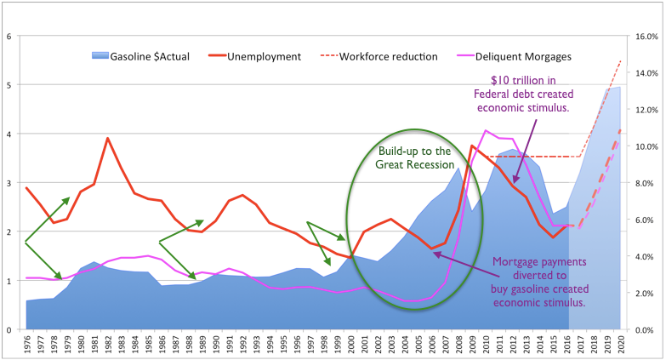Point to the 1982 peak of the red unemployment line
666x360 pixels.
click(x=107, y=138)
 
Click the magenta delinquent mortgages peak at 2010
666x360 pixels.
click(x=486, y=131)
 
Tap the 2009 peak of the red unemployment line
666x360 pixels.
click(x=472, y=146)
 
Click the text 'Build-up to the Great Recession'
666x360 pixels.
click(x=413, y=157)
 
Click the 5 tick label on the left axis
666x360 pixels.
click(x=9, y=85)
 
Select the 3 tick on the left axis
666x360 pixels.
click(x=9, y=183)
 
